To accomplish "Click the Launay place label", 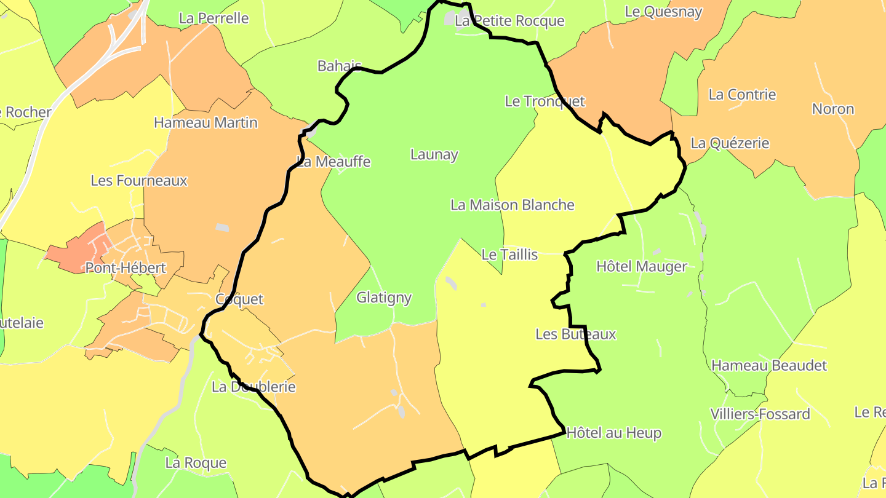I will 434,155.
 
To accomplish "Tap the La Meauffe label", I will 334,162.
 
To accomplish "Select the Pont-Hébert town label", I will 126,268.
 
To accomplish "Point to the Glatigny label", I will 384,298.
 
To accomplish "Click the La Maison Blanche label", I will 513,205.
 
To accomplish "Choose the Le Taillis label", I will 509,255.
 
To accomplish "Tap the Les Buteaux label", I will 575,334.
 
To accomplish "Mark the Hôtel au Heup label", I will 613,433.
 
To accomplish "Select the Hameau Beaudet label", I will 769,366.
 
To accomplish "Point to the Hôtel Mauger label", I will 642,267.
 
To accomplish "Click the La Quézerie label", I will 730,144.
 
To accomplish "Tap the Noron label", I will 833,109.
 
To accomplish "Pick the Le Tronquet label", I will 545,101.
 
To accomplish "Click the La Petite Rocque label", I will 509,21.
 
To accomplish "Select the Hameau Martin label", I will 206,123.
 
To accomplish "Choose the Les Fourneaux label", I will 139,181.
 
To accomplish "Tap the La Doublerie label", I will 253,387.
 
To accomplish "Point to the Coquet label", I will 239,299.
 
